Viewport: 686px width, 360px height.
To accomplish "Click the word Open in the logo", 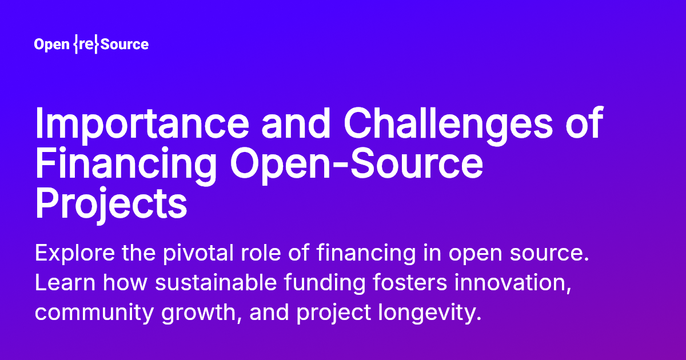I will tap(52, 45).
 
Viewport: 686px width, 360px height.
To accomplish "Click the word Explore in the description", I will tap(69, 253).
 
